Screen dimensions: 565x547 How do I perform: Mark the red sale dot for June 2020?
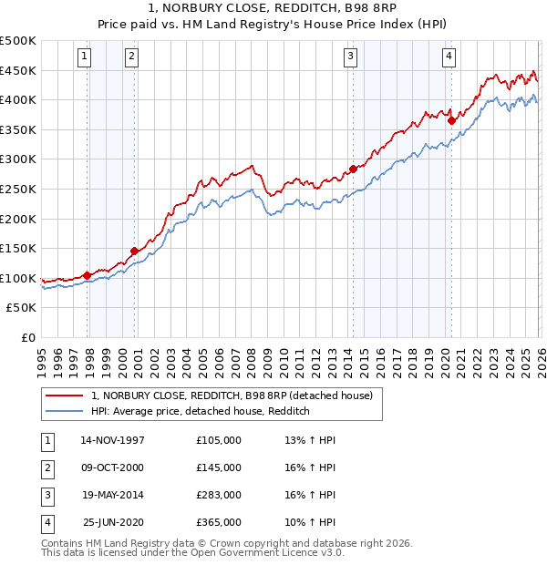pos(451,119)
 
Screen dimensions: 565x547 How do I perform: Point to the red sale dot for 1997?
pos(88,274)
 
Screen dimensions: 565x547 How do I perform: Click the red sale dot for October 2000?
pos(134,251)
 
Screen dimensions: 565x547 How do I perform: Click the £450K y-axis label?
pos(19,70)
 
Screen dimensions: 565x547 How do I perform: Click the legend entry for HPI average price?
pos(201,411)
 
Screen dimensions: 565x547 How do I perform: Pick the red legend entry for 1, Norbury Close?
pos(232,395)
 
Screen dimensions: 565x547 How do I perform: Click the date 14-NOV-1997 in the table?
pos(113,440)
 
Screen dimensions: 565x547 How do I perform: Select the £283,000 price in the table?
pos(219,495)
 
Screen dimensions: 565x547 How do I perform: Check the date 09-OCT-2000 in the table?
pos(113,467)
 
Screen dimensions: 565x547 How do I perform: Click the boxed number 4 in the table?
pos(46,522)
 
